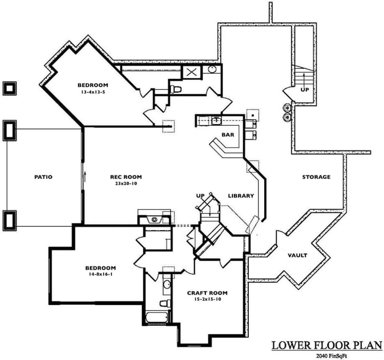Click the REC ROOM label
[x=126, y=177]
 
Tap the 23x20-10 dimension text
[x=126, y=184]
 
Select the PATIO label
[x=43, y=177]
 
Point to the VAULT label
[x=297, y=255]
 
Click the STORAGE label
[x=316, y=177]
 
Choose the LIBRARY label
[x=241, y=196]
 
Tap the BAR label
[x=228, y=135]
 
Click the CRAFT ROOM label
[x=207, y=293]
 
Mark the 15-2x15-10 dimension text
[x=207, y=299]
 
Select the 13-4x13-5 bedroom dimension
[x=93, y=92]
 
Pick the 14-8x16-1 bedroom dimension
[x=100, y=274]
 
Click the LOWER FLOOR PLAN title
[x=327, y=345]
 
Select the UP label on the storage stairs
[x=305, y=90]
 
